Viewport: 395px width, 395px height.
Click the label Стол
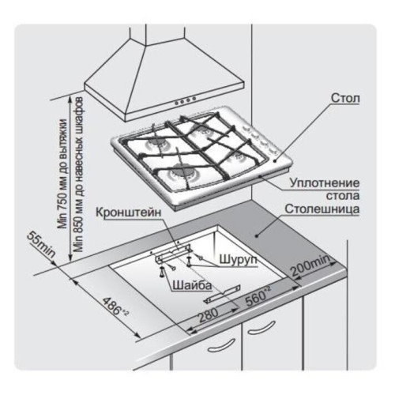345,98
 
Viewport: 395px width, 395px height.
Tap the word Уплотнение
325,182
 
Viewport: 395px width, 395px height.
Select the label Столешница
322,209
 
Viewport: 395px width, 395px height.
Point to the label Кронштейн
128,213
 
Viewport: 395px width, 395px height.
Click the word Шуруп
238,259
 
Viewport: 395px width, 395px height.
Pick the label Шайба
192,286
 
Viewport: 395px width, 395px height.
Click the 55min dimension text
41,245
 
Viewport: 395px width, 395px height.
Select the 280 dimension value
209,315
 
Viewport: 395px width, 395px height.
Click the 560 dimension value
258,296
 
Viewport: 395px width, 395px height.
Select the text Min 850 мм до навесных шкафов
78,174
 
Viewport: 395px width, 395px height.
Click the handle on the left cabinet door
221,345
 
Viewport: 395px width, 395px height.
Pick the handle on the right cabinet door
261,328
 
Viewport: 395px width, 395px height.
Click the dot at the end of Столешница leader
257,235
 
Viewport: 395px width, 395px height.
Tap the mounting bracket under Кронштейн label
174,254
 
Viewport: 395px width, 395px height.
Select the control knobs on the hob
260,140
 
